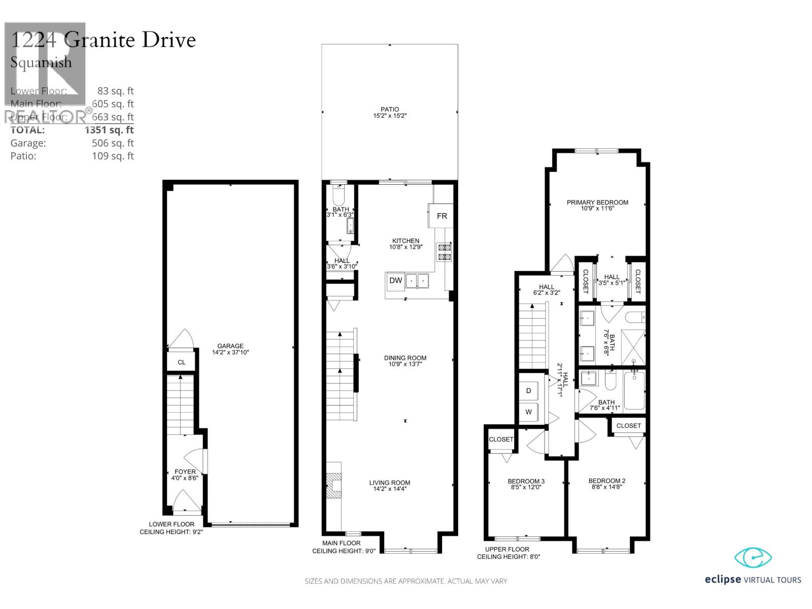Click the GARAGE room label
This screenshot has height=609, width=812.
click(230, 346)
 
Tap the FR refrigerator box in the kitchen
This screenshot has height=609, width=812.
click(442, 216)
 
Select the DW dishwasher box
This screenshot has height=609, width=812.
click(395, 281)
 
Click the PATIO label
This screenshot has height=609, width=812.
click(390, 109)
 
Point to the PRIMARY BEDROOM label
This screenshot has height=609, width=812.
click(597, 202)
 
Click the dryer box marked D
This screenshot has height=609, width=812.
click(528, 391)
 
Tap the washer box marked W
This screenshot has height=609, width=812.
click(528, 412)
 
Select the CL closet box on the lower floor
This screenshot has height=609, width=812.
click(181, 362)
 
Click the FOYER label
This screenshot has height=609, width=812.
click(185, 471)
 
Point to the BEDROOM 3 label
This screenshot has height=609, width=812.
click(526, 481)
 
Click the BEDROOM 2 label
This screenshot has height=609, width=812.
click(606, 481)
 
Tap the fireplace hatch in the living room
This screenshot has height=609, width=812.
click(334, 486)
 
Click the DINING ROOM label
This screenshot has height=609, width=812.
click(405, 358)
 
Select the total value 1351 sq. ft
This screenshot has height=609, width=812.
click(109, 130)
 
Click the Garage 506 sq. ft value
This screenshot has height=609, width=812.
click(113, 143)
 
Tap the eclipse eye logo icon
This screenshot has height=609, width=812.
click(753, 558)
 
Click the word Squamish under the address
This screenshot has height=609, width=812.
click(41, 62)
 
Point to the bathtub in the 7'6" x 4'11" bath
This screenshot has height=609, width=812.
click(634, 390)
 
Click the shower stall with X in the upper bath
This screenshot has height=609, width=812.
click(633, 347)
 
